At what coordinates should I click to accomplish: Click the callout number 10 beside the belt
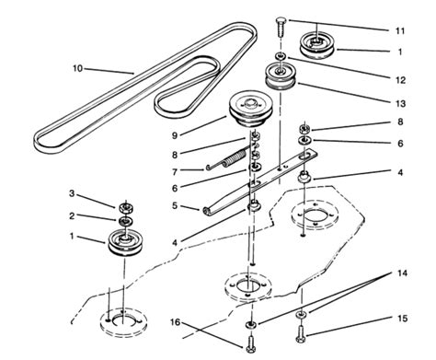click(x=78, y=66)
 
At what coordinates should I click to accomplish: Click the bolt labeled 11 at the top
click(x=279, y=30)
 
